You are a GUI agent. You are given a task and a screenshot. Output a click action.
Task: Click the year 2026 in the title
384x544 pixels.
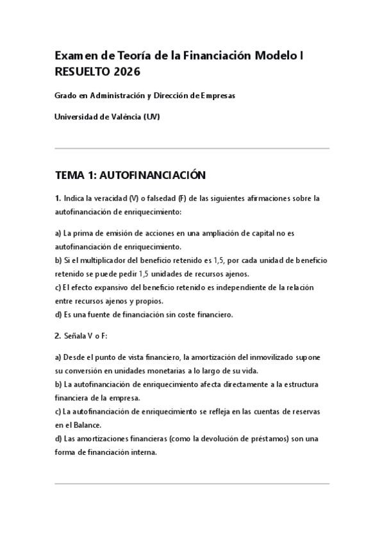(127, 71)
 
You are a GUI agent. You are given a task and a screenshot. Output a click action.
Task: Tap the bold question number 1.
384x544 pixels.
(58, 198)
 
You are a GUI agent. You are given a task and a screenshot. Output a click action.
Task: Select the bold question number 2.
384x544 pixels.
(58, 336)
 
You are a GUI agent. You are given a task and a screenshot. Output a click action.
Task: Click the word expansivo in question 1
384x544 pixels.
(110, 287)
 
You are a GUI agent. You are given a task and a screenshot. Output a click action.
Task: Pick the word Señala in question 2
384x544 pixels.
(76, 336)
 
